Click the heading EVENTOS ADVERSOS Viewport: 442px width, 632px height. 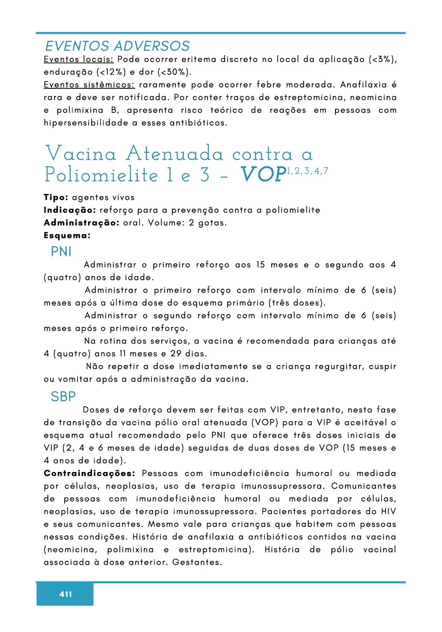tap(117, 46)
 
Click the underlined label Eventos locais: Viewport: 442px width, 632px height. tap(78, 59)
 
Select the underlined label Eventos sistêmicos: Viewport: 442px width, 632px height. tap(89, 85)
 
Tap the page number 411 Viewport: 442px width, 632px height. tap(65, 594)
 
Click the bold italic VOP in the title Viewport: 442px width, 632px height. tap(263, 175)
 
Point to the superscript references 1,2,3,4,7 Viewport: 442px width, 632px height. tap(307, 171)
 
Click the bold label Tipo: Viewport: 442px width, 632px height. tap(56, 197)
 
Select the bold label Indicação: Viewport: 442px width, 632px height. tap(70, 210)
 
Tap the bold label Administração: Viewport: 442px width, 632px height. tap(81, 223)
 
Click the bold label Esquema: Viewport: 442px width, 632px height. tap(67, 235)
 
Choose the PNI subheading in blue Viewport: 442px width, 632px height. tap(61, 252)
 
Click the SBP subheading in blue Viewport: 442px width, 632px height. tap(63, 397)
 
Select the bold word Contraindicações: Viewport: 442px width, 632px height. tap(89, 473)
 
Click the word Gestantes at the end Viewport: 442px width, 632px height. tap(197, 562)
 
